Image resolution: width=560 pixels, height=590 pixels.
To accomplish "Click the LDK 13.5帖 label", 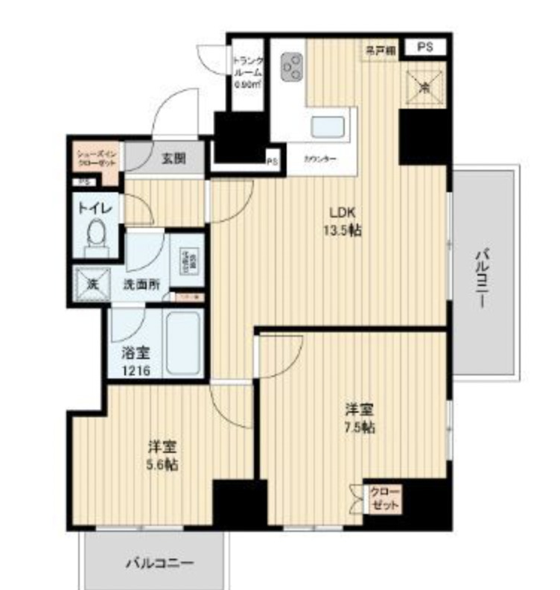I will [342, 221].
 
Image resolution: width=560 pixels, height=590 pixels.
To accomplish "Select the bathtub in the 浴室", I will [182, 345].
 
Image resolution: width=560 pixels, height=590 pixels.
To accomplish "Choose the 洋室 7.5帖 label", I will [358, 419].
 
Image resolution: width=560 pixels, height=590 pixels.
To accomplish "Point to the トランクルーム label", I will [246, 72].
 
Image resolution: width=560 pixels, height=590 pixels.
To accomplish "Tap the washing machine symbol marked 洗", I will [92, 283].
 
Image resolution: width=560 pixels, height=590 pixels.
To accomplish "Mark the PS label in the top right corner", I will [424, 48].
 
